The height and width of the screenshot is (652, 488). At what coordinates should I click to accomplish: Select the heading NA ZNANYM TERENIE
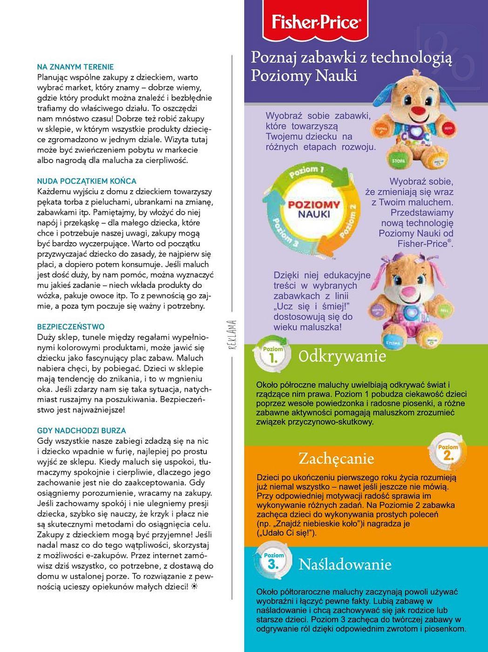click(x=75, y=67)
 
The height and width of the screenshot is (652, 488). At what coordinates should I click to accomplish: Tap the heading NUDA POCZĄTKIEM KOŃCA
click(x=86, y=181)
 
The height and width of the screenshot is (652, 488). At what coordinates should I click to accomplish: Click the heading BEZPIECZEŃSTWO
click(x=70, y=327)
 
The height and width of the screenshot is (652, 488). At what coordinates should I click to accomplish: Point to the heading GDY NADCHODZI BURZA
click(x=81, y=431)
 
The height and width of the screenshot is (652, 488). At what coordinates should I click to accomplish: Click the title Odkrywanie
click(x=342, y=356)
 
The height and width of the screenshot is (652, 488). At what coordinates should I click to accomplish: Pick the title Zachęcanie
click(x=336, y=459)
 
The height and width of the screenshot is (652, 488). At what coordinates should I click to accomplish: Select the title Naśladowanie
click(x=345, y=564)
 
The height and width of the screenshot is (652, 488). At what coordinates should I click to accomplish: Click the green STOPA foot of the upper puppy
click(x=398, y=161)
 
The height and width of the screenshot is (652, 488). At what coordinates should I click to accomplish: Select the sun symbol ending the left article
click(x=195, y=586)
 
